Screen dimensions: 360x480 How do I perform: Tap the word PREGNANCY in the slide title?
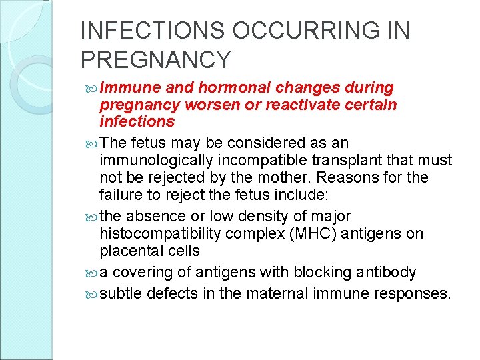(x=155, y=60)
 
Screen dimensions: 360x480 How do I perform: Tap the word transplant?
(x=355, y=161)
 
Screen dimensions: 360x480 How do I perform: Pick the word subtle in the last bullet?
(x=118, y=293)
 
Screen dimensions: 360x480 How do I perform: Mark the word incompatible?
(x=283, y=161)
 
